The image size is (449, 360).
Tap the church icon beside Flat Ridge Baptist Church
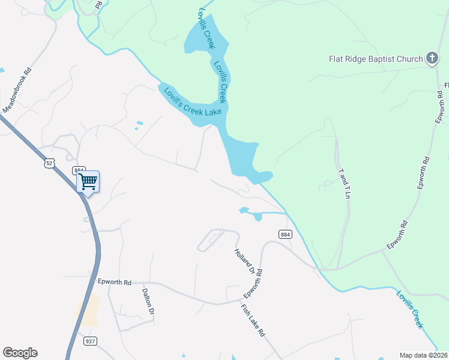431,58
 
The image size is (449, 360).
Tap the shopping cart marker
88,181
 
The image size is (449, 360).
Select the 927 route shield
90,341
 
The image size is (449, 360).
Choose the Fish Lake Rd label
253,320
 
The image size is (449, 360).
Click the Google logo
20,353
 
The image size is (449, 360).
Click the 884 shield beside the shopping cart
79,170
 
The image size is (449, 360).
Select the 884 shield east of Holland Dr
285,234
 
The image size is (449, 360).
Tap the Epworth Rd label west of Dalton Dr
114,281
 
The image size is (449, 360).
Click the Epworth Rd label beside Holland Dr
254,285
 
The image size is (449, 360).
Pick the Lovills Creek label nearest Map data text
410,308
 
